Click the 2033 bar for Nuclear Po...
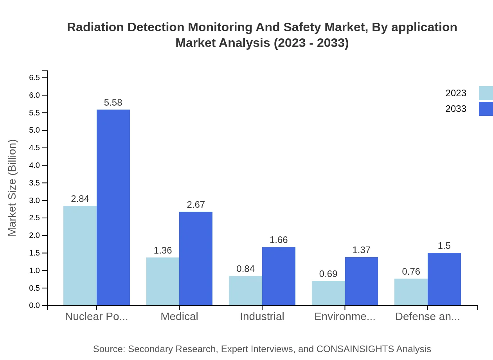point(113,207)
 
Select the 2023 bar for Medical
point(163,281)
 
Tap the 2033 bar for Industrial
point(279,276)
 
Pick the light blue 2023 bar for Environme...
point(328,293)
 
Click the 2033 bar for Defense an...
point(444,279)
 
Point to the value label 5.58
point(113,103)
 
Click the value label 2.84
point(80,199)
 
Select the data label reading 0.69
point(328,274)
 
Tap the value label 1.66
point(279,240)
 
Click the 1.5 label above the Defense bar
point(444,246)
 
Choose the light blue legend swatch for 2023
point(486,93)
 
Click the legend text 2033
point(456,109)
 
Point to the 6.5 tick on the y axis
point(34,77)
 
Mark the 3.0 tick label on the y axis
point(34,200)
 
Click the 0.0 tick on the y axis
point(34,306)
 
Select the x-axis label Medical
point(179,317)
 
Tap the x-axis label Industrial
point(262,317)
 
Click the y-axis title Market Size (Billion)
point(13,188)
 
